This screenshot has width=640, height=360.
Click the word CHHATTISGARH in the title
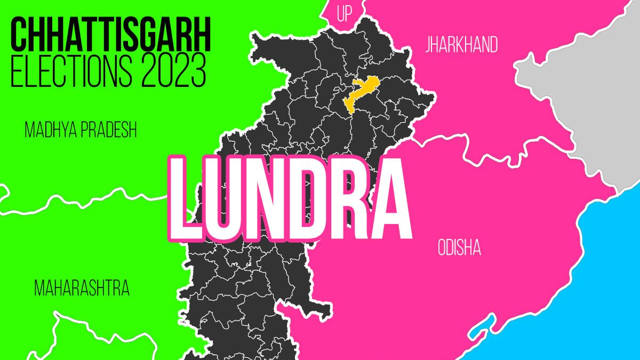(x=111, y=35)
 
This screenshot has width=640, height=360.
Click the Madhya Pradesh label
(x=81, y=130)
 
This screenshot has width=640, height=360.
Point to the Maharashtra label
(x=82, y=289)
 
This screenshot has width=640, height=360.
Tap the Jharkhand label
(x=461, y=45)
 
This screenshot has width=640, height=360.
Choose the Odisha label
(x=459, y=247)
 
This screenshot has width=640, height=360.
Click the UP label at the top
(x=345, y=14)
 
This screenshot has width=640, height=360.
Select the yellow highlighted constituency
(x=361, y=93)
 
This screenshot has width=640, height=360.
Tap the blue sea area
(x=576, y=299)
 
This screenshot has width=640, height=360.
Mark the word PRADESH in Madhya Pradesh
(x=109, y=130)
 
